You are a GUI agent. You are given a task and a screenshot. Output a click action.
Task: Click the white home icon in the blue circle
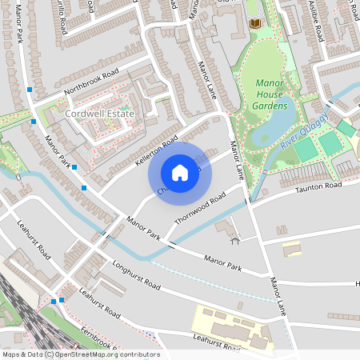pyautogui.click(x=180, y=173)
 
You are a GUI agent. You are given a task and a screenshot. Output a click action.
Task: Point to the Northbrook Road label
pyautogui.click(x=91, y=82)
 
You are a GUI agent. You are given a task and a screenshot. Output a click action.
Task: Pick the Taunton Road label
pyautogui.click(x=318, y=186)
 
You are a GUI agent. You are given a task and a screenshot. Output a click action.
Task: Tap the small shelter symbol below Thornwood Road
pyautogui.click(x=234, y=239)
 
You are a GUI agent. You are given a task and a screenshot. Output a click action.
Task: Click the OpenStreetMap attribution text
pyautogui.click(x=81, y=354)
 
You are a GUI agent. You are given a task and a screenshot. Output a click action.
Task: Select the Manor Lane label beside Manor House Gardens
pyautogui.click(x=236, y=159)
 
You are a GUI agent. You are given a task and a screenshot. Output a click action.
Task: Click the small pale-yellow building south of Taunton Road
pyautogui.click(x=292, y=249)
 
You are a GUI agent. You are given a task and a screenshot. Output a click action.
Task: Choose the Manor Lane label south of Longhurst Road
pyautogui.click(x=278, y=297)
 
